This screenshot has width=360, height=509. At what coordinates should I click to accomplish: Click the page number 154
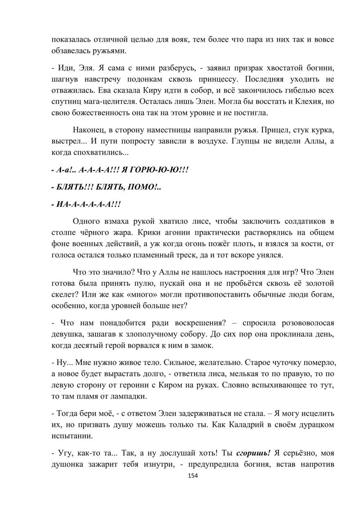tap(193, 476)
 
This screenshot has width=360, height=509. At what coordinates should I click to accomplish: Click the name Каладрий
tap(243, 425)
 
